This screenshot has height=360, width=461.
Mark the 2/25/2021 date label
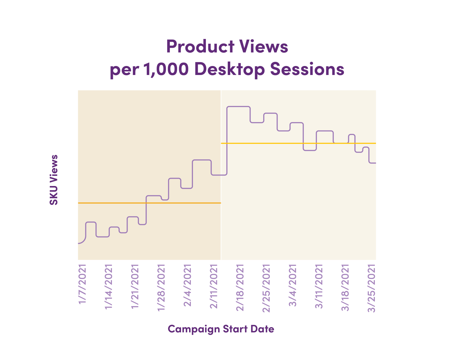point(267,288)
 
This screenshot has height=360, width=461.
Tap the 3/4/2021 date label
point(293,285)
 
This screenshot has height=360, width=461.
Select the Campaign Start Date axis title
point(221,329)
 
